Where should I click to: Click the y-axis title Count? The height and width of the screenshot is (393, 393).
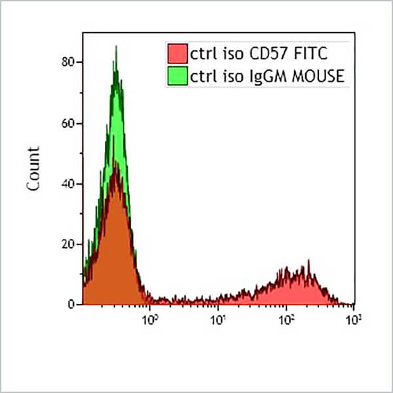[x=34, y=168]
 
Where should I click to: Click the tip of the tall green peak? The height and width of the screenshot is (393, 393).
[x=116, y=47]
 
